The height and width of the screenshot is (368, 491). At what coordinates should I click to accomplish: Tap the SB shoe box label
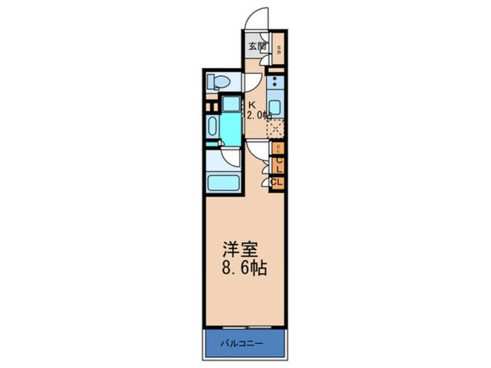[x=279, y=50]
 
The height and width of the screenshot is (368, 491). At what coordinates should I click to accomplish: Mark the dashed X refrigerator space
[x=276, y=128]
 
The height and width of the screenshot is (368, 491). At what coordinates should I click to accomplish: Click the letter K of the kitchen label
[x=252, y=105]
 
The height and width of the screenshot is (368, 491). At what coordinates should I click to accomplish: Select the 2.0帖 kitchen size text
[x=259, y=115]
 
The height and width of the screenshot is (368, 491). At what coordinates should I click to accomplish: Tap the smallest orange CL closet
[x=278, y=148]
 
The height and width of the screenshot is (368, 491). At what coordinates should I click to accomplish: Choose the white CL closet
[x=277, y=182]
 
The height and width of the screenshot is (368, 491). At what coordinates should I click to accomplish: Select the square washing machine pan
[x=232, y=104]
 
